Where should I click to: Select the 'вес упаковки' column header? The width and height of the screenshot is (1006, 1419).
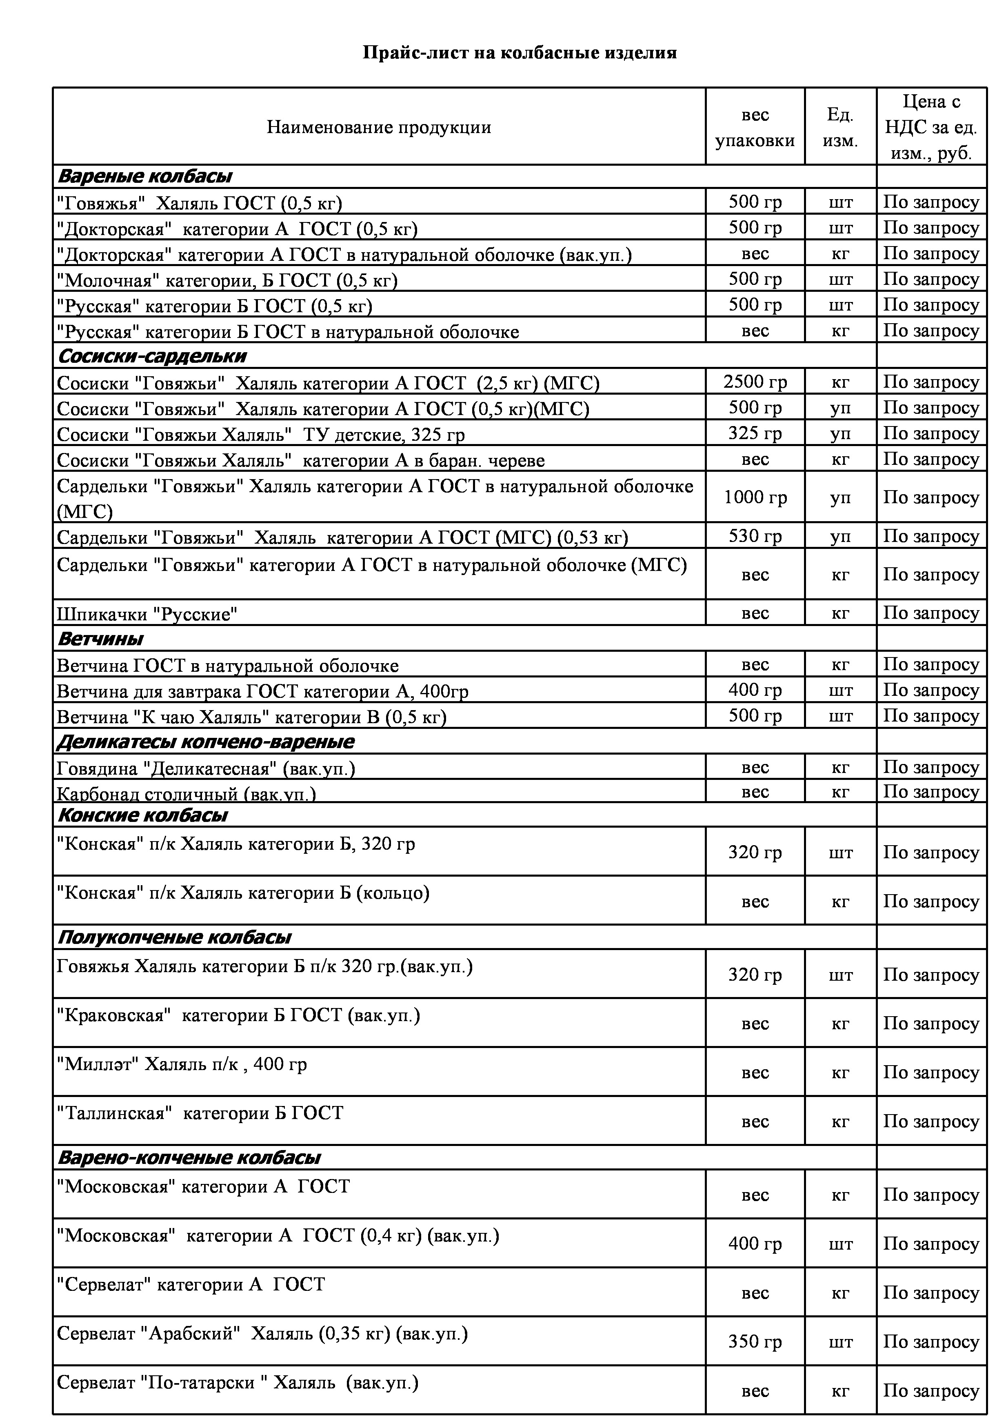click(755, 128)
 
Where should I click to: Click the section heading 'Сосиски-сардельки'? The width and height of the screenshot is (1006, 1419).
click(152, 356)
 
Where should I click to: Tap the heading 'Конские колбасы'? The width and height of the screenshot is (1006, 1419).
click(142, 815)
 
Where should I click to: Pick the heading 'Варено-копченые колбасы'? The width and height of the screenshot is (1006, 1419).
click(189, 1158)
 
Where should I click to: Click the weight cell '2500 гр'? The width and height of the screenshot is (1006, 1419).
click(755, 382)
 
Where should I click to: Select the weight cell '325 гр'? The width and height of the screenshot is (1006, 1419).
click(755, 433)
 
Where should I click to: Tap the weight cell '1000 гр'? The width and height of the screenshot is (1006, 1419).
click(755, 497)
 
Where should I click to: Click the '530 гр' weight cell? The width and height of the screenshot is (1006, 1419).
click(755, 536)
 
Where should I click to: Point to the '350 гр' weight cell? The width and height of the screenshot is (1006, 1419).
click(755, 1342)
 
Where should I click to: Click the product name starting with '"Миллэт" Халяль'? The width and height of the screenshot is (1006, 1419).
click(182, 1064)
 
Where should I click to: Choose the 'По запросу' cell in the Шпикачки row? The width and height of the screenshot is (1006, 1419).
click(930, 613)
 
